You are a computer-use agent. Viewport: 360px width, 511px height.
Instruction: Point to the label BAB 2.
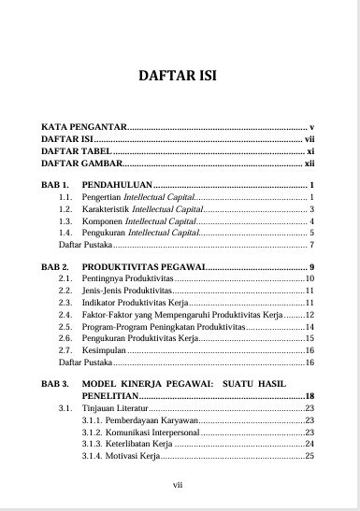55,267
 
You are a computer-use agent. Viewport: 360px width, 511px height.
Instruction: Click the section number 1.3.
65,220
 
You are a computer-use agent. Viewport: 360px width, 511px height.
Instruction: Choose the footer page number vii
179,485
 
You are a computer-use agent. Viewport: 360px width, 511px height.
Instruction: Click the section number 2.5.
65,327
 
